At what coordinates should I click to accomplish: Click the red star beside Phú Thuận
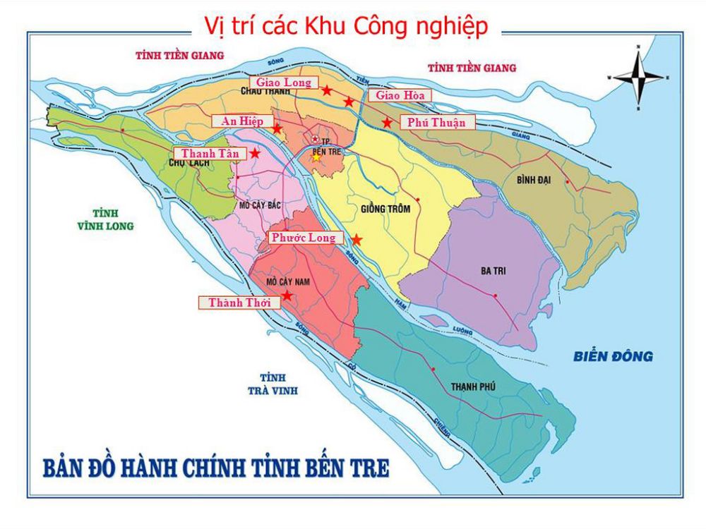(387, 123)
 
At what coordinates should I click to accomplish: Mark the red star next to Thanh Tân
(254, 152)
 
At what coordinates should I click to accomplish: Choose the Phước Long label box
(304, 238)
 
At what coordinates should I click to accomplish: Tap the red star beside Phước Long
(357, 240)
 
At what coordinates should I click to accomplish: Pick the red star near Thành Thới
(287, 296)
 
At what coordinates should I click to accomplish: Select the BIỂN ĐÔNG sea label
(613, 356)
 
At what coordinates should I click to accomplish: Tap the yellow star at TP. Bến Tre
(316, 157)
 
